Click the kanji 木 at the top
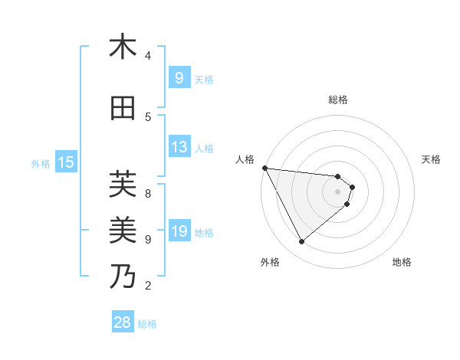coord(123,47)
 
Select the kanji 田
coord(123,109)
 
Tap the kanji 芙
coord(123,185)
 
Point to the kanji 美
coord(123,230)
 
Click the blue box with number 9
coord(179,77)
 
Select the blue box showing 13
coord(179,147)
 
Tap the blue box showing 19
coord(179,231)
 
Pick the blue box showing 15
coord(66,162)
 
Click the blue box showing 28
coord(123,322)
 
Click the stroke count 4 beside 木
coord(148,56)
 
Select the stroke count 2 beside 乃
coord(148,286)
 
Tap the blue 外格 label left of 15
coord(41,163)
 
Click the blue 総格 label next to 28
coord(147,324)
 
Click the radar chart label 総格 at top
coord(337,100)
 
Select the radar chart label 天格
coord(431,159)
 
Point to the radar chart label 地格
coord(402,263)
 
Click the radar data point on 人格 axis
coord(264,168)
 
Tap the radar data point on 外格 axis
coord(301,242)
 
